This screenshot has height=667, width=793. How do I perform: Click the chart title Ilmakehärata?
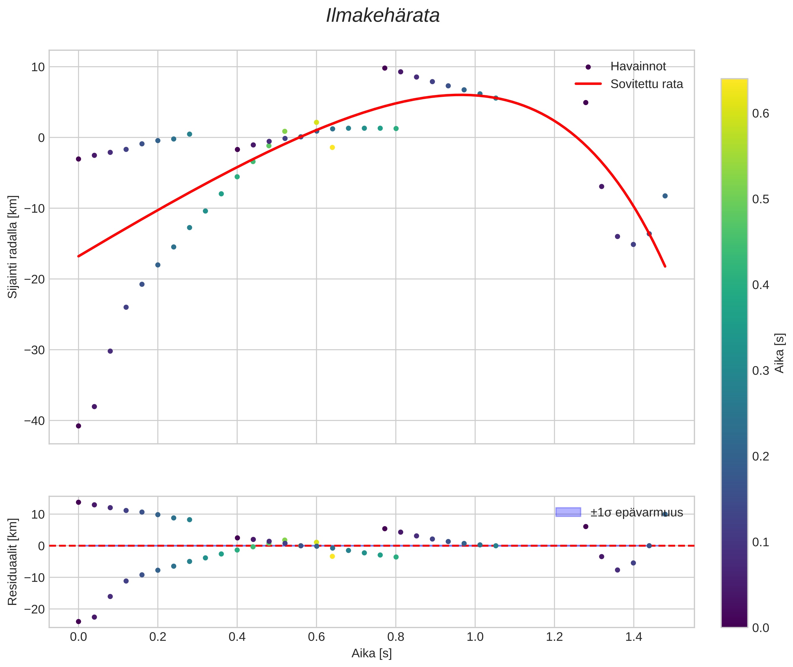coord(383,16)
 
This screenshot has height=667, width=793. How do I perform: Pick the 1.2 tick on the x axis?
coord(554,637)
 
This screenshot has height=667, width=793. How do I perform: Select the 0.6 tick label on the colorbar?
coord(760,113)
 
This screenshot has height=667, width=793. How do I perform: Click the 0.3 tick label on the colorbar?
coord(760,371)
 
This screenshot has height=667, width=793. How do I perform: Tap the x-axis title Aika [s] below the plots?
coord(371,654)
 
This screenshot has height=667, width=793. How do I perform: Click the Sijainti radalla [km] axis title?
coord(13,247)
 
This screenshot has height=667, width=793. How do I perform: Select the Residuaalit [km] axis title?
coord(13,562)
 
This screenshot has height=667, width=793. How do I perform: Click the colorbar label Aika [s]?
coord(779,353)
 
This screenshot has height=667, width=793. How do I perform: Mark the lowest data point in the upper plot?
coord(79,426)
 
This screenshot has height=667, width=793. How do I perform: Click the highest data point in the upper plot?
coord(384,68)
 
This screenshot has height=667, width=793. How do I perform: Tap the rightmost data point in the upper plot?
coord(665,196)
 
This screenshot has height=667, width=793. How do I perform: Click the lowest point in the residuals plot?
coord(79,621)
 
